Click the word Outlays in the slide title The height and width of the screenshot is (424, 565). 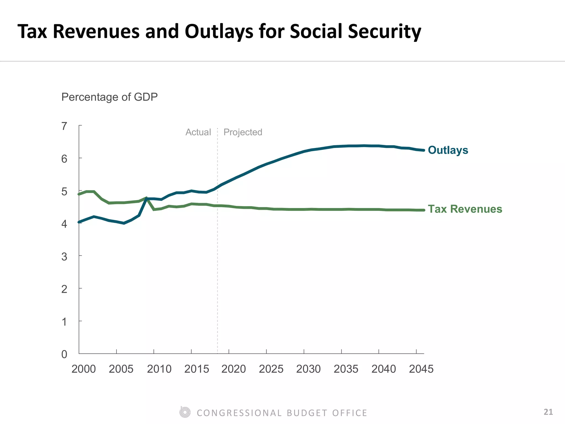(x=219, y=31)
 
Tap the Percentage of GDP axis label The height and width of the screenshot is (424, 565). (x=109, y=97)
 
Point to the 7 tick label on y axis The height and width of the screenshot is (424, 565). (x=64, y=126)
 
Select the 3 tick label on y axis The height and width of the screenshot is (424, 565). (x=64, y=257)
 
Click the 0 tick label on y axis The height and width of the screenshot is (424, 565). (x=64, y=354)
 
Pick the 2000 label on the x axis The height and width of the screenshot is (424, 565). (x=84, y=369)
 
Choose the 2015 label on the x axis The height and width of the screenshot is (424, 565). (x=196, y=369)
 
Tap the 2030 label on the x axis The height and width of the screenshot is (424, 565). (x=308, y=369)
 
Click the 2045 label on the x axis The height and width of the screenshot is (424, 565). (x=421, y=369)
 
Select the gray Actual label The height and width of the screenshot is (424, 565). (x=198, y=132)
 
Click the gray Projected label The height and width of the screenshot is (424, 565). (x=243, y=132)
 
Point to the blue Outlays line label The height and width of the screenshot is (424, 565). (x=448, y=150)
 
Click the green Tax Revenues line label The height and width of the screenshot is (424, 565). (x=465, y=209)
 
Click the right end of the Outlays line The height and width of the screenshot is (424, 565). (x=423, y=150)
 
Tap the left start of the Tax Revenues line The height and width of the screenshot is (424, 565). (x=79, y=194)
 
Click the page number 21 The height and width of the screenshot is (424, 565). (x=548, y=412)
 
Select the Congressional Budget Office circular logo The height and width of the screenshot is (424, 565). (x=185, y=412)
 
